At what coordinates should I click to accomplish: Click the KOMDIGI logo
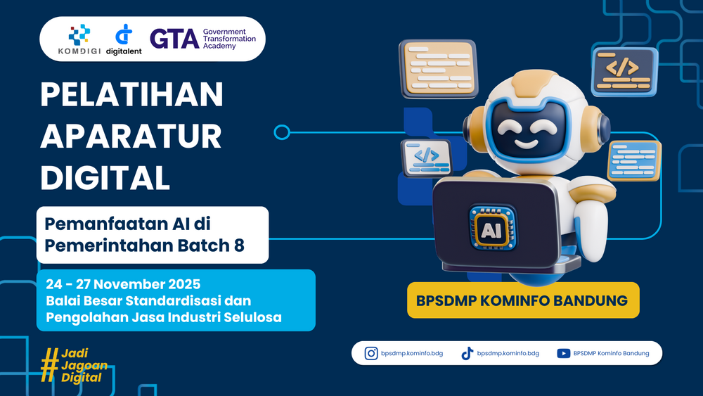coord(79,40)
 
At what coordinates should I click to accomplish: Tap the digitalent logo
coord(124,40)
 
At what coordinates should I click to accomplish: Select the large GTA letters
coord(174,39)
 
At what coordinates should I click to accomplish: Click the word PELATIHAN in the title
coord(131,95)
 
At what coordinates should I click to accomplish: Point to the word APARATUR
coord(131,136)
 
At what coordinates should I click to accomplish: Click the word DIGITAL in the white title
coord(105,178)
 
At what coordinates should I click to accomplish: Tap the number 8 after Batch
coord(239,245)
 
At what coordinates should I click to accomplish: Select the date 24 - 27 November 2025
coord(123,284)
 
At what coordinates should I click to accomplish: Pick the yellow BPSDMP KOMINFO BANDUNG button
coord(523,300)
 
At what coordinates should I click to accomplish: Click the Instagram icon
coord(370,353)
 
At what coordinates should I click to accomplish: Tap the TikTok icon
coord(467,353)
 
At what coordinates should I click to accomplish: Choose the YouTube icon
coord(564,353)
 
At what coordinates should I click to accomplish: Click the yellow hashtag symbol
coord(49,365)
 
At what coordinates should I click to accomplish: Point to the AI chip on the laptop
coord(492,228)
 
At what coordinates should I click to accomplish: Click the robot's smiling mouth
coord(526,145)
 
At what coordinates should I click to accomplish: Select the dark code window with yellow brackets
coord(624,72)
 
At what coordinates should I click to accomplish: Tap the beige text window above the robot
coord(439,69)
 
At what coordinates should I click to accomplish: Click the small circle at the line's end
coord(282,132)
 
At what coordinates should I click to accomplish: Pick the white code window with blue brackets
coord(427,158)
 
